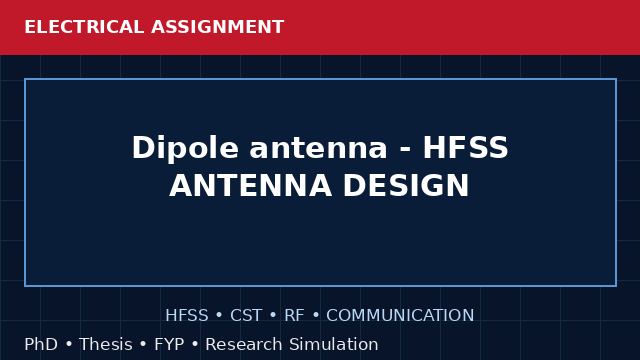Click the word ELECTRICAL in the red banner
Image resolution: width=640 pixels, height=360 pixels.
84,27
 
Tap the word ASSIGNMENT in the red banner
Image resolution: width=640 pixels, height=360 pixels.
218,27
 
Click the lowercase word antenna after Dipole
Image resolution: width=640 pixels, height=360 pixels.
318,148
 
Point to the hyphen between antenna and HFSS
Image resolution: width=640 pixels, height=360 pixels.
405,149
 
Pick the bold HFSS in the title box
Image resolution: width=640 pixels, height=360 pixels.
466,147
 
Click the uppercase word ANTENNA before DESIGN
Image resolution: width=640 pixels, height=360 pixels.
251,186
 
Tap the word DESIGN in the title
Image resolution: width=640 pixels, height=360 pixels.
406,186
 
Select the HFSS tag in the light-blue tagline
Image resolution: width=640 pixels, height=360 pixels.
187,316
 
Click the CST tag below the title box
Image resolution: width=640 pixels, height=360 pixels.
246,316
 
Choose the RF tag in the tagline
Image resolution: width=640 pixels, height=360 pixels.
294,316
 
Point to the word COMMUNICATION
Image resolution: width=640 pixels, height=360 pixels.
400,316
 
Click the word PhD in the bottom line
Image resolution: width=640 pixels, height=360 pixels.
41,344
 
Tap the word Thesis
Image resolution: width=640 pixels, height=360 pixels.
106,344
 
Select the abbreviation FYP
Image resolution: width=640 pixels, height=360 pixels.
169,344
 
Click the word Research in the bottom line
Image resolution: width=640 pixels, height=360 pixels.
244,344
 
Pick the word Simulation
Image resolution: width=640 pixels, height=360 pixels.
334,344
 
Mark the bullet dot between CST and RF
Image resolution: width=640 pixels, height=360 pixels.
273,316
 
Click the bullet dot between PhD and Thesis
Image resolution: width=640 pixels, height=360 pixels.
69,344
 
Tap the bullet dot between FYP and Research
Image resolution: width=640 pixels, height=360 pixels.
195,344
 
